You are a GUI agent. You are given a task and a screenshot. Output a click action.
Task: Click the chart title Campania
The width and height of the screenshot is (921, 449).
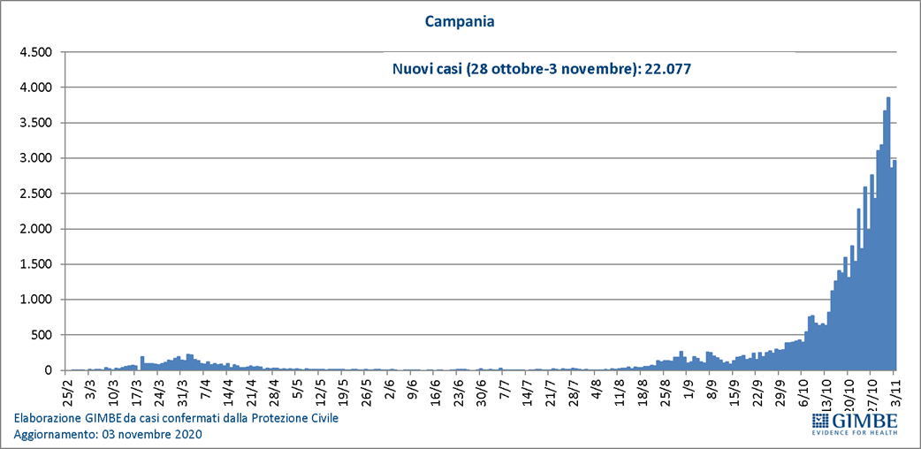click(460, 20)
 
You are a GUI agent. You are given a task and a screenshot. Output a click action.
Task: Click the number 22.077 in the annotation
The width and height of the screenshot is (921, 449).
click(678, 68)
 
